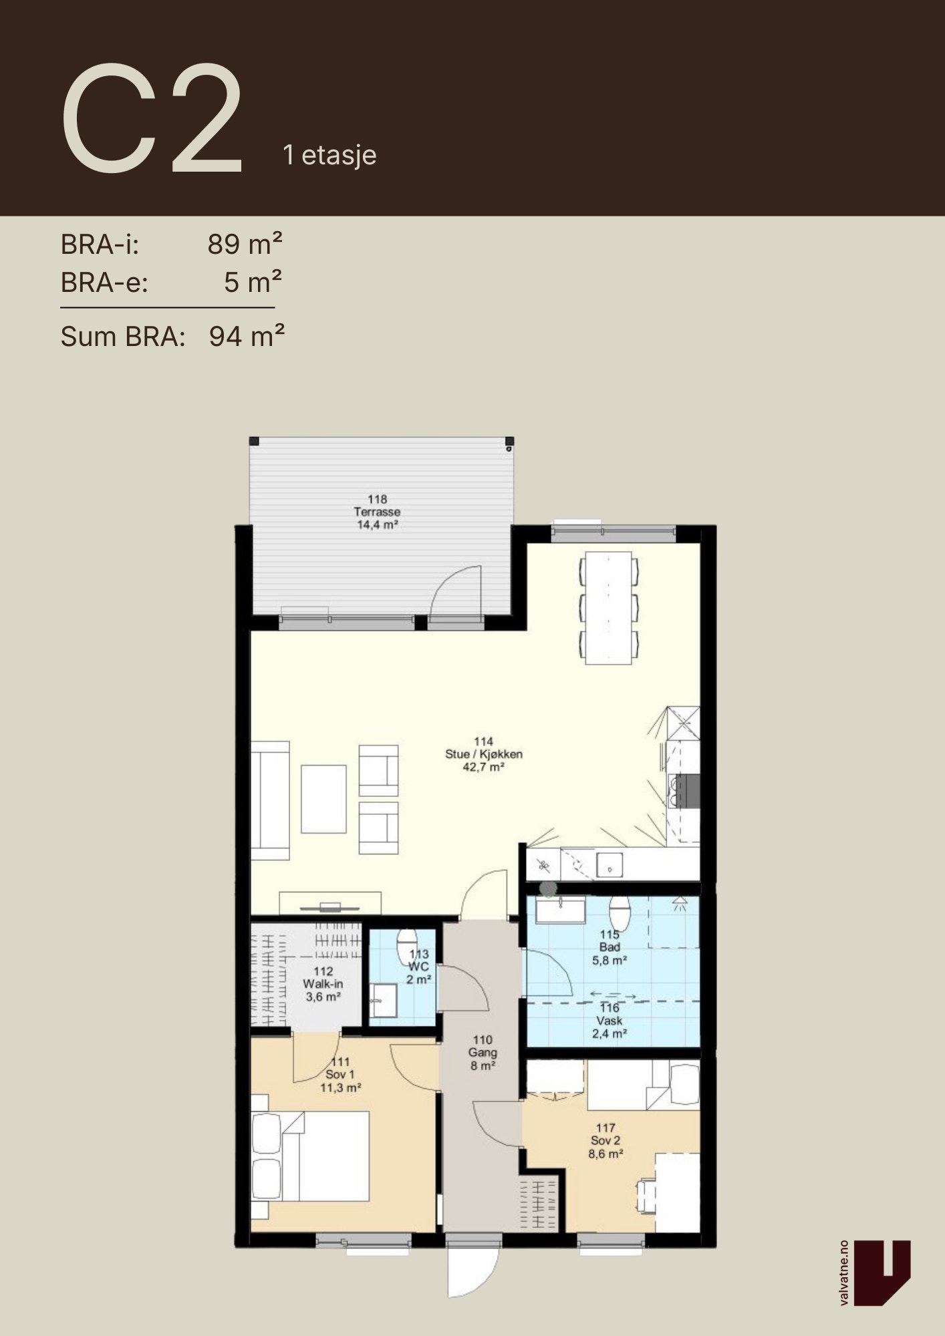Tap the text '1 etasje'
tap(329, 155)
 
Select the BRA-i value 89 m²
tap(245, 244)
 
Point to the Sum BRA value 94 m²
tap(247, 336)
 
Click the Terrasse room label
tap(378, 512)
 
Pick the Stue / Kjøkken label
tap(484, 754)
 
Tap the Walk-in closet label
tap(323, 984)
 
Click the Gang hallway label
tap(483, 1052)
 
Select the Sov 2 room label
tap(605, 1140)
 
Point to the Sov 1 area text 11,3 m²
tap(341, 1088)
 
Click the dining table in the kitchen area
tap(609, 607)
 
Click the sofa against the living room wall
tap(270, 800)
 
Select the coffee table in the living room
tap(323, 799)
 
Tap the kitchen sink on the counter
tap(610, 865)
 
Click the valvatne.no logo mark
tap(882, 1273)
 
